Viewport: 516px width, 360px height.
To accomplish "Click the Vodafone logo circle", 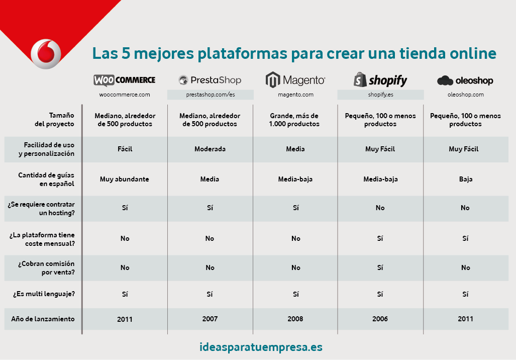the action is tap(46, 54).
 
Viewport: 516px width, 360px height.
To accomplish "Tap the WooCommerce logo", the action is tap(125, 80).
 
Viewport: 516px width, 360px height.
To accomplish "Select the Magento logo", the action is tap(295, 80).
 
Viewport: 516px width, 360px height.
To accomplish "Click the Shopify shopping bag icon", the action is tap(360, 80).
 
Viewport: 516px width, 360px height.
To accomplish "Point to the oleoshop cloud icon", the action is tap(445, 80).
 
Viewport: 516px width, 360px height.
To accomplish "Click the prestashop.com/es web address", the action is tap(211, 95).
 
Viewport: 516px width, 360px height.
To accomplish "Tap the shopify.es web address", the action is tap(380, 95).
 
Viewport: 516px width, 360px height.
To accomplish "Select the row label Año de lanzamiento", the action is tap(43, 319).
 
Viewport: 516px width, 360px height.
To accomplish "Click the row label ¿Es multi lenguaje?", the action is tap(44, 294).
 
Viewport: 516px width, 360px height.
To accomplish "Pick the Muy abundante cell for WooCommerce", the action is tap(125, 179).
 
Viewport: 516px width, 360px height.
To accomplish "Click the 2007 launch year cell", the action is tap(210, 319).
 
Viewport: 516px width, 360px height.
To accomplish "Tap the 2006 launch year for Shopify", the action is tap(380, 319).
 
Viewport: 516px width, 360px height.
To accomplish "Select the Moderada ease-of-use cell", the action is tap(210, 149).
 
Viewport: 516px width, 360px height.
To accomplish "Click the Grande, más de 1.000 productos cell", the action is tap(294, 120).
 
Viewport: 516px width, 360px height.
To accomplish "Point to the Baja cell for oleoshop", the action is tap(466, 179).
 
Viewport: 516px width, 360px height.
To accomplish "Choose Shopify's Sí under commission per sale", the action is tap(380, 267).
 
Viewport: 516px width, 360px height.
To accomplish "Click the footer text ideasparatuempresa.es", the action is tap(261, 347).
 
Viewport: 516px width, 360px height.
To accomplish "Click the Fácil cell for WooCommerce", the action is tap(125, 149).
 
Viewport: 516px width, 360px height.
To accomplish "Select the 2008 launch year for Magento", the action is tap(295, 319).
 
